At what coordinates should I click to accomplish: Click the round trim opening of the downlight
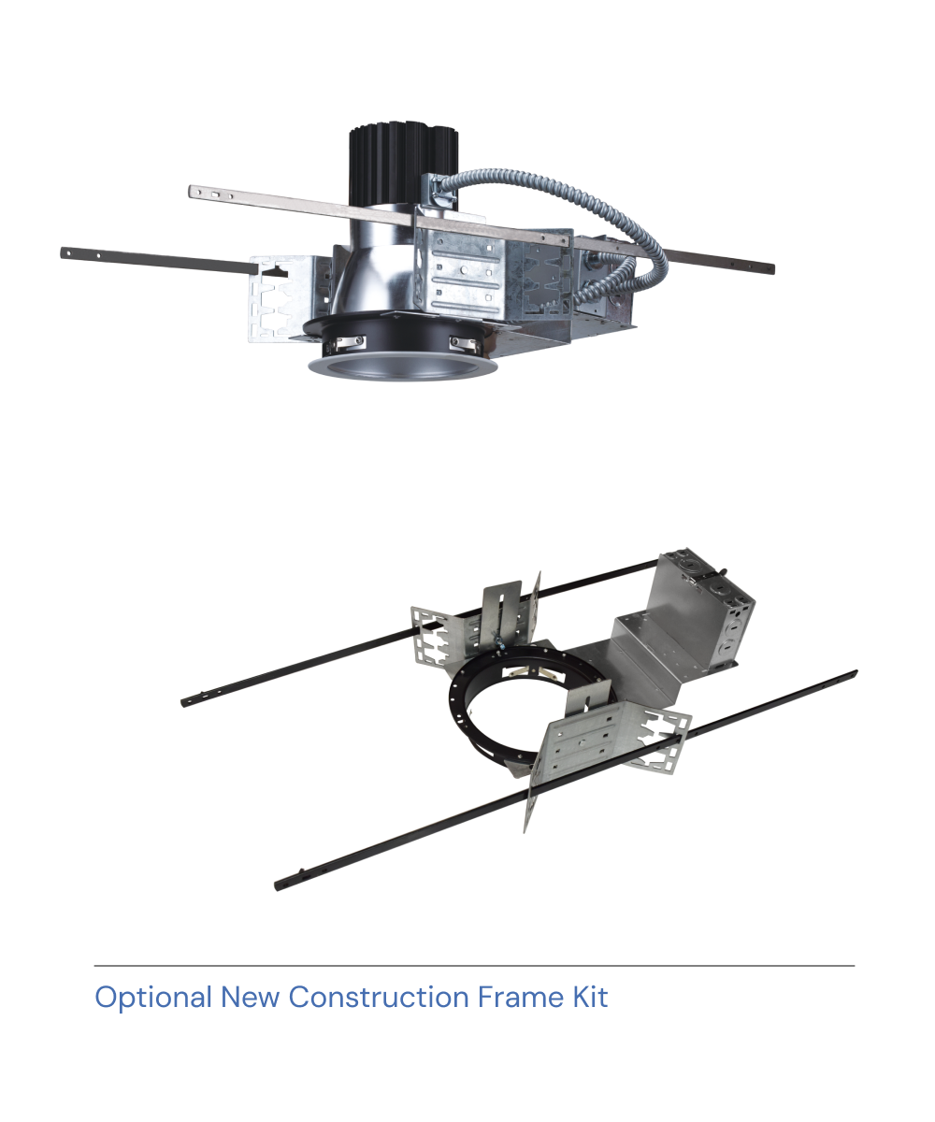(402, 366)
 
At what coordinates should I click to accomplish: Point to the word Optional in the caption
(153, 998)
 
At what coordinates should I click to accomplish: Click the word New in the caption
(250, 998)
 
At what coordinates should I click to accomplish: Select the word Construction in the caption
(379, 998)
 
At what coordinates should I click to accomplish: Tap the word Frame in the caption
(520, 998)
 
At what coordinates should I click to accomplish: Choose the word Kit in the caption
(590, 998)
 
